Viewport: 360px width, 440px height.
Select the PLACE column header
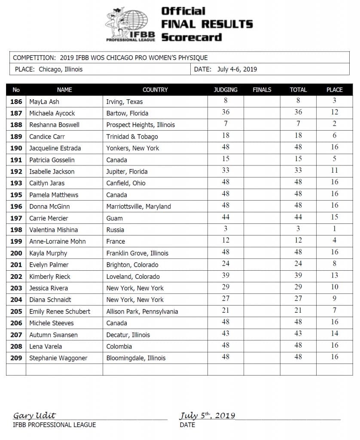coord(334,90)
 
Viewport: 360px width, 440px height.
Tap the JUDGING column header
coord(226,90)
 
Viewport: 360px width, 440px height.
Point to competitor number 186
coord(16,102)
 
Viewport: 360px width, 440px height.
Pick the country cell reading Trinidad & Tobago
coord(132,137)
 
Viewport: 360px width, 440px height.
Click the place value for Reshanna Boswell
coord(334,124)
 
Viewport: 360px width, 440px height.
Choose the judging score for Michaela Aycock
coord(226,112)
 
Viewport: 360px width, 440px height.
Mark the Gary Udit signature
coord(34,416)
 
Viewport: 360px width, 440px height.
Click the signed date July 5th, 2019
coord(207,416)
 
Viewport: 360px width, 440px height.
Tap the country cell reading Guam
coord(114,218)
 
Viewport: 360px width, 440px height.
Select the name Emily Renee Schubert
coord(60,312)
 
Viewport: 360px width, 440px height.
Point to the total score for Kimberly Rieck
coord(298,275)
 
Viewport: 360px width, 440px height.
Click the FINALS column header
coord(262,90)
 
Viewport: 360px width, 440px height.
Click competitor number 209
coord(16,358)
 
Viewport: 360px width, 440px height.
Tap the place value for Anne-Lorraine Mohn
coord(334,241)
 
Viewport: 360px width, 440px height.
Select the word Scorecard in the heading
coord(191,37)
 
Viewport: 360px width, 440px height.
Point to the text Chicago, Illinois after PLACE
coord(61,69)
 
